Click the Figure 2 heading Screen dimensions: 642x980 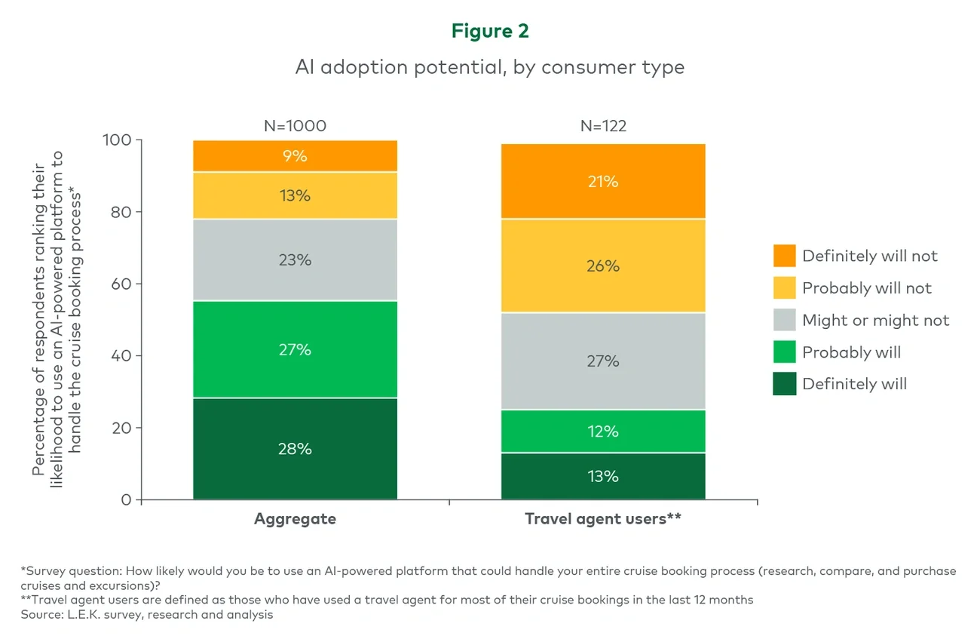tap(489, 31)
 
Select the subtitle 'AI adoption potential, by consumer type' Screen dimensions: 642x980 tap(489, 67)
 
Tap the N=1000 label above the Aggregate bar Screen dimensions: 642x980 tap(295, 126)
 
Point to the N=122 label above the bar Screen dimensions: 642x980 tap(603, 126)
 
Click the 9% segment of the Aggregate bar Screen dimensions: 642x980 tap(295, 156)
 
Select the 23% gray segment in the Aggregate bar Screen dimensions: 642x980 tap(295, 260)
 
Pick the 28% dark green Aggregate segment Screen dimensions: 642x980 tap(295, 449)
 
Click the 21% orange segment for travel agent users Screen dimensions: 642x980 tap(603, 181)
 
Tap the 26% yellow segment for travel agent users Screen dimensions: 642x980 tap(603, 266)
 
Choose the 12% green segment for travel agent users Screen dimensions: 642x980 tap(603, 432)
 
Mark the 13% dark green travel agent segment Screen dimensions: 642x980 tap(603, 476)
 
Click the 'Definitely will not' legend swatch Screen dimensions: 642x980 tap(784, 256)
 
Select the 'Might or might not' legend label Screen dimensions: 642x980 tap(875, 321)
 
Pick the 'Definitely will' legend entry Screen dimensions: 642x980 tap(854, 384)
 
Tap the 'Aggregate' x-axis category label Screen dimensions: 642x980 tap(295, 519)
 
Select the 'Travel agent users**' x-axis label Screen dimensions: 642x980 tap(603, 519)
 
